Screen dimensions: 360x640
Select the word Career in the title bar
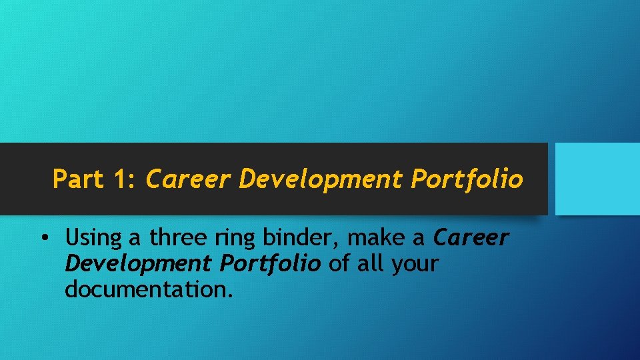188,179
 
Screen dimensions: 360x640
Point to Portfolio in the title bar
467,179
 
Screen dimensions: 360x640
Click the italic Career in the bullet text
471,237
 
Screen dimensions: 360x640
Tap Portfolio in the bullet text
269,263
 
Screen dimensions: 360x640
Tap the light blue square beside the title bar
597,179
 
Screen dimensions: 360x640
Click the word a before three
137,238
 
